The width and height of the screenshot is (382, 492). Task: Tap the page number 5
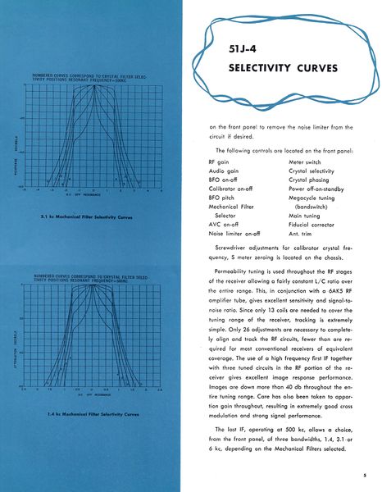click(363, 474)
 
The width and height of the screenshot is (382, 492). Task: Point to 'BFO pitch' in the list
click(224, 198)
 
